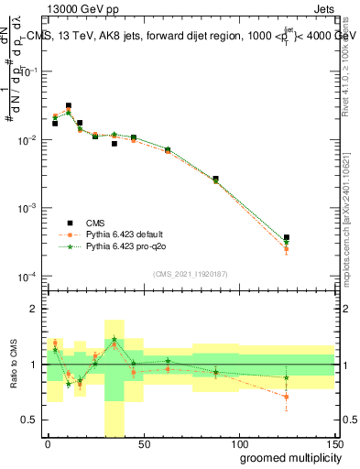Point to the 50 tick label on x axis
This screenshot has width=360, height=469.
(143, 443)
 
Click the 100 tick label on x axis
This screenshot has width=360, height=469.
(238, 443)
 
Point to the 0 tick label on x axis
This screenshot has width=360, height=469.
(48, 443)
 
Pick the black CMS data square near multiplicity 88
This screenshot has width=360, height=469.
(215, 179)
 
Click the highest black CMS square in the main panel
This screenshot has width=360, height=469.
(69, 106)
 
